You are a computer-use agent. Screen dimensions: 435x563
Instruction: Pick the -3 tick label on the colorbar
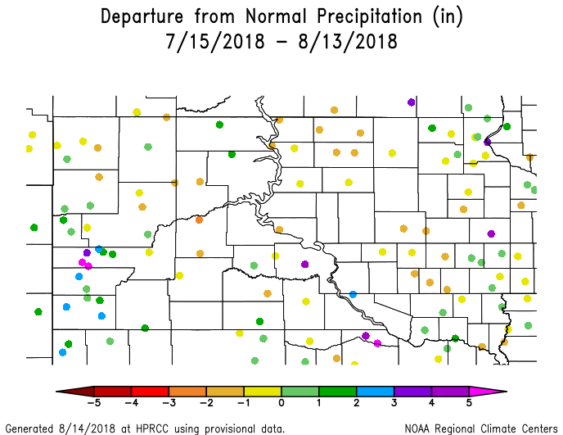[x=168, y=402]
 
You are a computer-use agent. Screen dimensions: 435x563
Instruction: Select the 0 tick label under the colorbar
[x=281, y=402]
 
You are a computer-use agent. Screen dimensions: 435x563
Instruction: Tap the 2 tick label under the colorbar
[x=356, y=402]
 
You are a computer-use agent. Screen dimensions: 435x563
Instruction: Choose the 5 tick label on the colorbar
[x=469, y=402]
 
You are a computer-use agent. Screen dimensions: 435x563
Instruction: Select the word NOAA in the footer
[x=419, y=428]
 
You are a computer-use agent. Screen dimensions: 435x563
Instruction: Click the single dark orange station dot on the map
[x=200, y=220]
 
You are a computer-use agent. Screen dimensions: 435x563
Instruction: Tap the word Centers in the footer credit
[x=536, y=428]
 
